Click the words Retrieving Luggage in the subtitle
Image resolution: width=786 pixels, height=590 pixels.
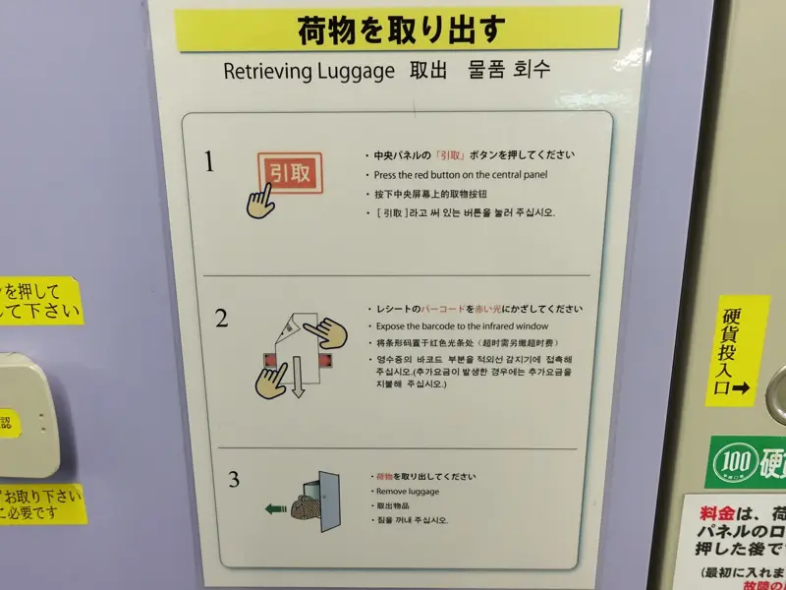click(x=308, y=72)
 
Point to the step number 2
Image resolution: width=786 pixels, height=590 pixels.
click(x=221, y=319)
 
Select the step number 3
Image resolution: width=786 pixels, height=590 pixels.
click(x=233, y=480)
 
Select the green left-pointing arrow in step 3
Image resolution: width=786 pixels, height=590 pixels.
click(x=276, y=508)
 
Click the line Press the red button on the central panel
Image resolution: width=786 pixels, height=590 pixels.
click(x=455, y=175)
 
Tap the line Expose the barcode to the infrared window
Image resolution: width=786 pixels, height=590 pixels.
click(x=461, y=325)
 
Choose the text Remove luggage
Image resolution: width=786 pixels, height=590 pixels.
click(x=407, y=491)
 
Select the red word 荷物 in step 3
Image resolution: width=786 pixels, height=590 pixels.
click(x=383, y=477)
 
